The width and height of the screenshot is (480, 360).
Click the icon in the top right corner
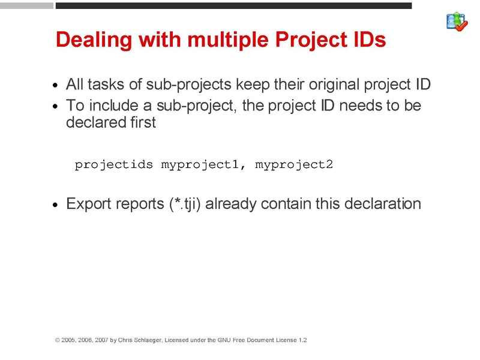pos(457,22)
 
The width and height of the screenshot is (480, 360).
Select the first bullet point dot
pos(56,85)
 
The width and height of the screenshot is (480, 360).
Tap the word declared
pos(90,122)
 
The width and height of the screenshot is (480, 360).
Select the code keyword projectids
pos(114,164)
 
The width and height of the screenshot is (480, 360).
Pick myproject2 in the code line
pos(293,164)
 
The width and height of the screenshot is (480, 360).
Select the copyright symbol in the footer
pos(58,340)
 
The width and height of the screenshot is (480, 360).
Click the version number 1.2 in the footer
pos(302,340)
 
